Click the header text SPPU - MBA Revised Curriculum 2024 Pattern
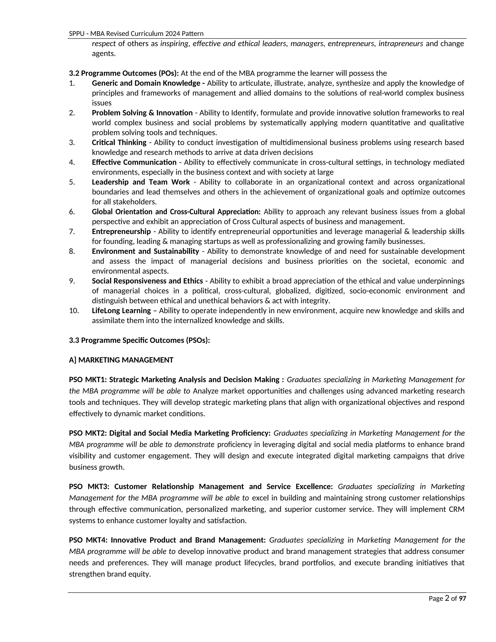[x=136, y=33]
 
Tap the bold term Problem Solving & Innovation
[x=142, y=113]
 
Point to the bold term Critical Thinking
[x=119, y=142]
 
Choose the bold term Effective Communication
[x=134, y=162]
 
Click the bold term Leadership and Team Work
[x=141, y=182]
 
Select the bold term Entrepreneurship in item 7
[x=121, y=232]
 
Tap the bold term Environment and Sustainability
[x=146, y=251]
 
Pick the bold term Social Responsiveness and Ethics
[x=147, y=281]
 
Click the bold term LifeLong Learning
[x=121, y=311]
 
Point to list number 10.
[x=74, y=311]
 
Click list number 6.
[x=72, y=212]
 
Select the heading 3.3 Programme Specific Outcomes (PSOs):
[x=139, y=340]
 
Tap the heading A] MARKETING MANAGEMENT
[x=121, y=360]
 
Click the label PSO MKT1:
[x=88, y=380]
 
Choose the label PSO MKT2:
[x=88, y=433]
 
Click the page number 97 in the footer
[x=463, y=599]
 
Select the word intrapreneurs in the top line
[x=401, y=44]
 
